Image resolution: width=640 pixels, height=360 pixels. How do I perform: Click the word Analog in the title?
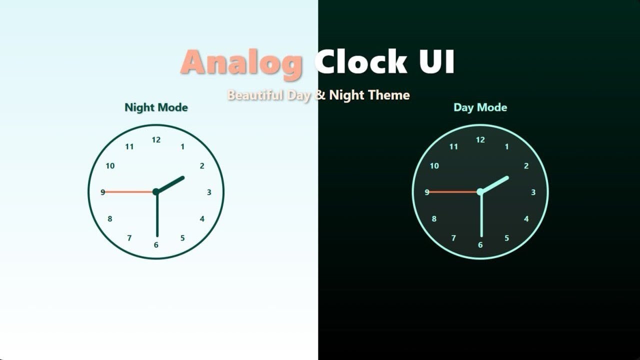pos(241,63)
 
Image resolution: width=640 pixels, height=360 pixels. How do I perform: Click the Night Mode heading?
pos(156,107)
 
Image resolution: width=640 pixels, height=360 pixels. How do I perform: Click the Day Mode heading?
pos(480,107)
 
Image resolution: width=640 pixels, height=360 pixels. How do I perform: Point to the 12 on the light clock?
pos(156,140)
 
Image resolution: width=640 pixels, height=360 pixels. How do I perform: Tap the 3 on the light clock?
pos(209,192)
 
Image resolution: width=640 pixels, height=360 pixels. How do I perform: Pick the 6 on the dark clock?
pos(480,245)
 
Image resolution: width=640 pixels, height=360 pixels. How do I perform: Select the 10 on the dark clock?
pos(434,166)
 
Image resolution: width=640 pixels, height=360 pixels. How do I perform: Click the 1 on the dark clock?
pos(507,146)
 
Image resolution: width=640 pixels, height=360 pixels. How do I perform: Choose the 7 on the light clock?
pos(129,238)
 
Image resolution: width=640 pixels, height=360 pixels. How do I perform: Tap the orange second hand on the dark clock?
pos(453,191)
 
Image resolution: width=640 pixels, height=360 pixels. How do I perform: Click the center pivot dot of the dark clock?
pos(480,191)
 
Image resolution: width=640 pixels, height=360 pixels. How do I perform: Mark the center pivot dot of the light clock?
pos(156,191)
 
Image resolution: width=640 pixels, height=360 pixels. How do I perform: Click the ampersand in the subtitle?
pos(320,95)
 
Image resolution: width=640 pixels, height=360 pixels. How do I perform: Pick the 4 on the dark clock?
pos(526,219)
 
